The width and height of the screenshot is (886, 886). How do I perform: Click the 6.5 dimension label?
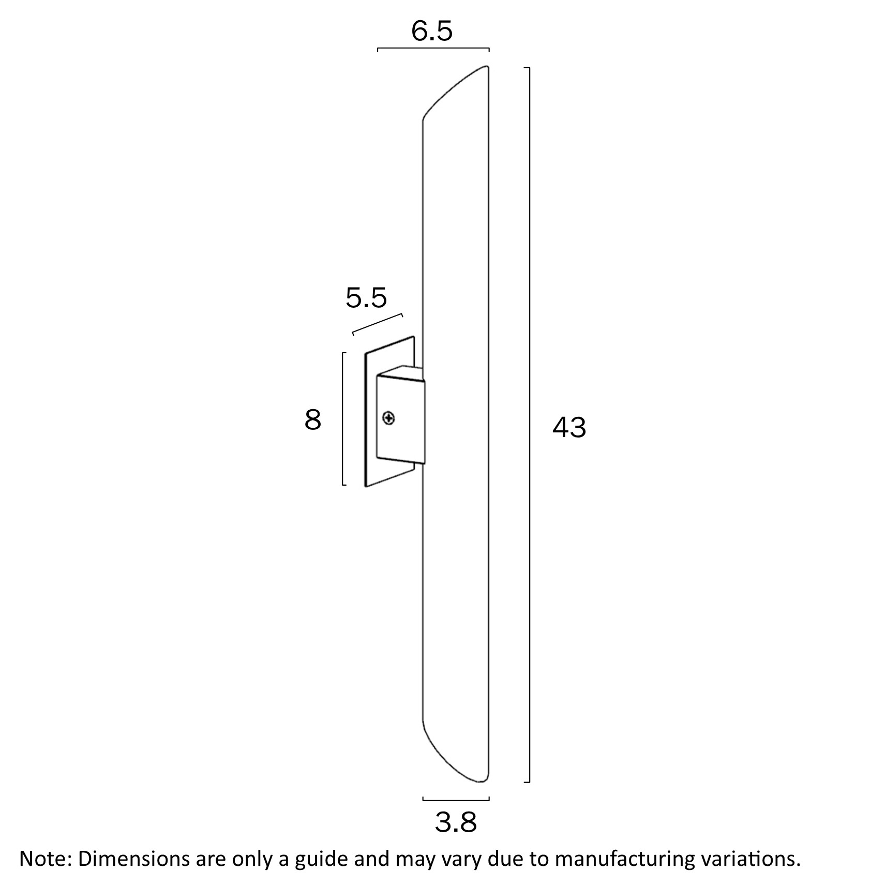432,32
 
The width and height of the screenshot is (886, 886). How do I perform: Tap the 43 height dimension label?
569,428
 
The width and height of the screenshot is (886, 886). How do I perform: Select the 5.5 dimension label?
366,298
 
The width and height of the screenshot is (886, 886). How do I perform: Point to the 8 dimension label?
313,420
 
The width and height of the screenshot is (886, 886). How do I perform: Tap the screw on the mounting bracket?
389,418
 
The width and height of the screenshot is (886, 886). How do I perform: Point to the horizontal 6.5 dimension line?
433,49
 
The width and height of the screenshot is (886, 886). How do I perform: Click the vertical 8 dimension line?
343,419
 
